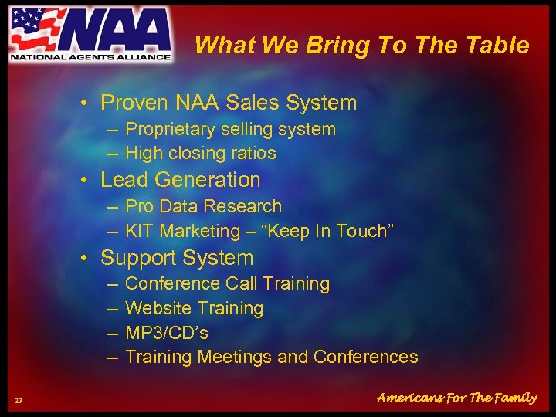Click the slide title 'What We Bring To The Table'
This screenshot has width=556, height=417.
click(361, 46)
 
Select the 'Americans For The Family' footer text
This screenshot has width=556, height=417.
click(456, 398)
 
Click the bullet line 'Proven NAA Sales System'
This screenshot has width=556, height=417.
click(229, 103)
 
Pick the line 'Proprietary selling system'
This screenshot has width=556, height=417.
click(230, 129)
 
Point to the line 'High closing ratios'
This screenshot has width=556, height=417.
click(200, 153)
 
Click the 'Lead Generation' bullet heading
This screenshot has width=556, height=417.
click(181, 180)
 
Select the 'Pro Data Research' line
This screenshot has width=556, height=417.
click(203, 206)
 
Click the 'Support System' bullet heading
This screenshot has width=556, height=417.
click(177, 258)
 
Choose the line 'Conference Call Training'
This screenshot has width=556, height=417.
click(227, 283)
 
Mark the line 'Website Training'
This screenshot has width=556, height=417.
click(194, 308)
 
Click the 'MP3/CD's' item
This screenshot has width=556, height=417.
click(166, 333)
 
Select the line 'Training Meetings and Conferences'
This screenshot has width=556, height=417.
click(271, 357)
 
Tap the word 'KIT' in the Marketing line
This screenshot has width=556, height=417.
click(140, 231)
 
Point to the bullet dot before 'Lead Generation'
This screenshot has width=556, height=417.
click(90, 181)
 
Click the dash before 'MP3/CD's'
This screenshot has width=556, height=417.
click(113, 333)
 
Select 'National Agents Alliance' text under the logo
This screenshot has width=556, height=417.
click(90, 56)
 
